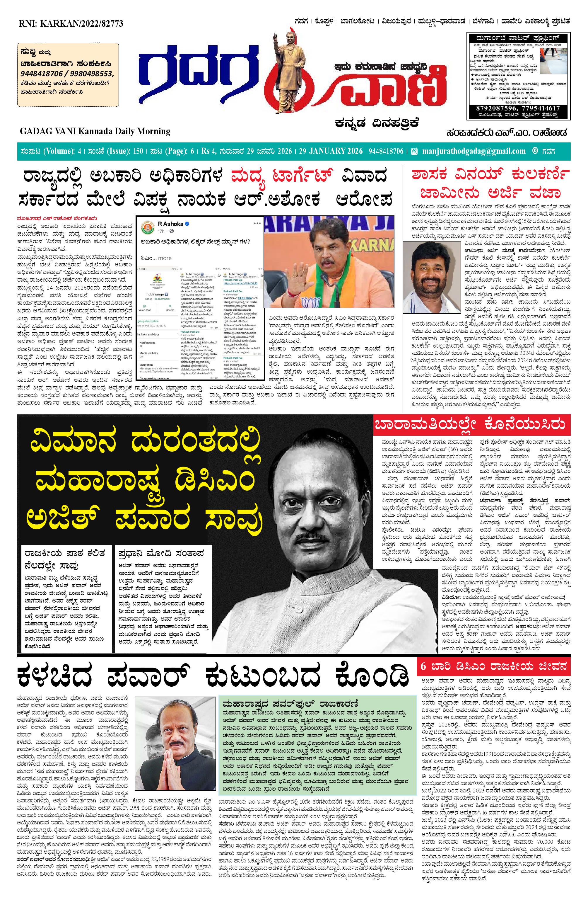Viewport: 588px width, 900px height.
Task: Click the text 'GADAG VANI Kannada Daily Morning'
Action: [x=95, y=131]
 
